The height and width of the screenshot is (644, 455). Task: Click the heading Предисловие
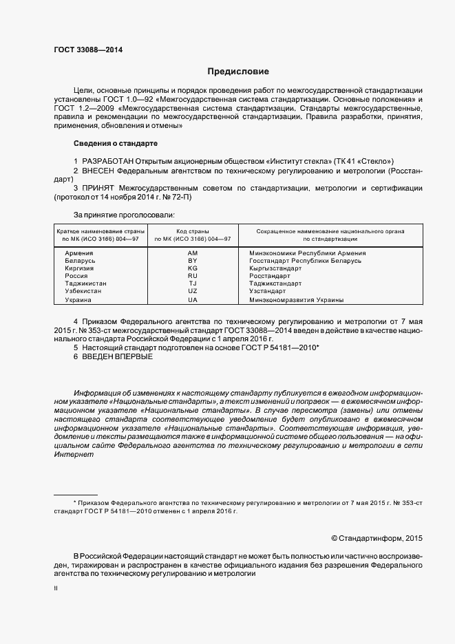pyautogui.click(x=238, y=72)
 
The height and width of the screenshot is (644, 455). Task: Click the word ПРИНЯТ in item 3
pyautogui.click(x=98, y=188)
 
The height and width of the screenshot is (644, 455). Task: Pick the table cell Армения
pyautogui.click(x=78, y=253)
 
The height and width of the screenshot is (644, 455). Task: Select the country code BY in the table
pyautogui.click(x=192, y=261)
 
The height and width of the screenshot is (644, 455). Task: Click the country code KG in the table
pyautogui.click(x=192, y=268)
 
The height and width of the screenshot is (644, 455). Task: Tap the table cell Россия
pyautogui.click(x=76, y=276)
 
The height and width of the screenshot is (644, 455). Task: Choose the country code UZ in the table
pyautogui.click(x=192, y=291)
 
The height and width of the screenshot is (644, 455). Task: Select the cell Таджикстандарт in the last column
pyautogui.click(x=275, y=283)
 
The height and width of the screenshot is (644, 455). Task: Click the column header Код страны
pyautogui.click(x=192, y=231)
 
